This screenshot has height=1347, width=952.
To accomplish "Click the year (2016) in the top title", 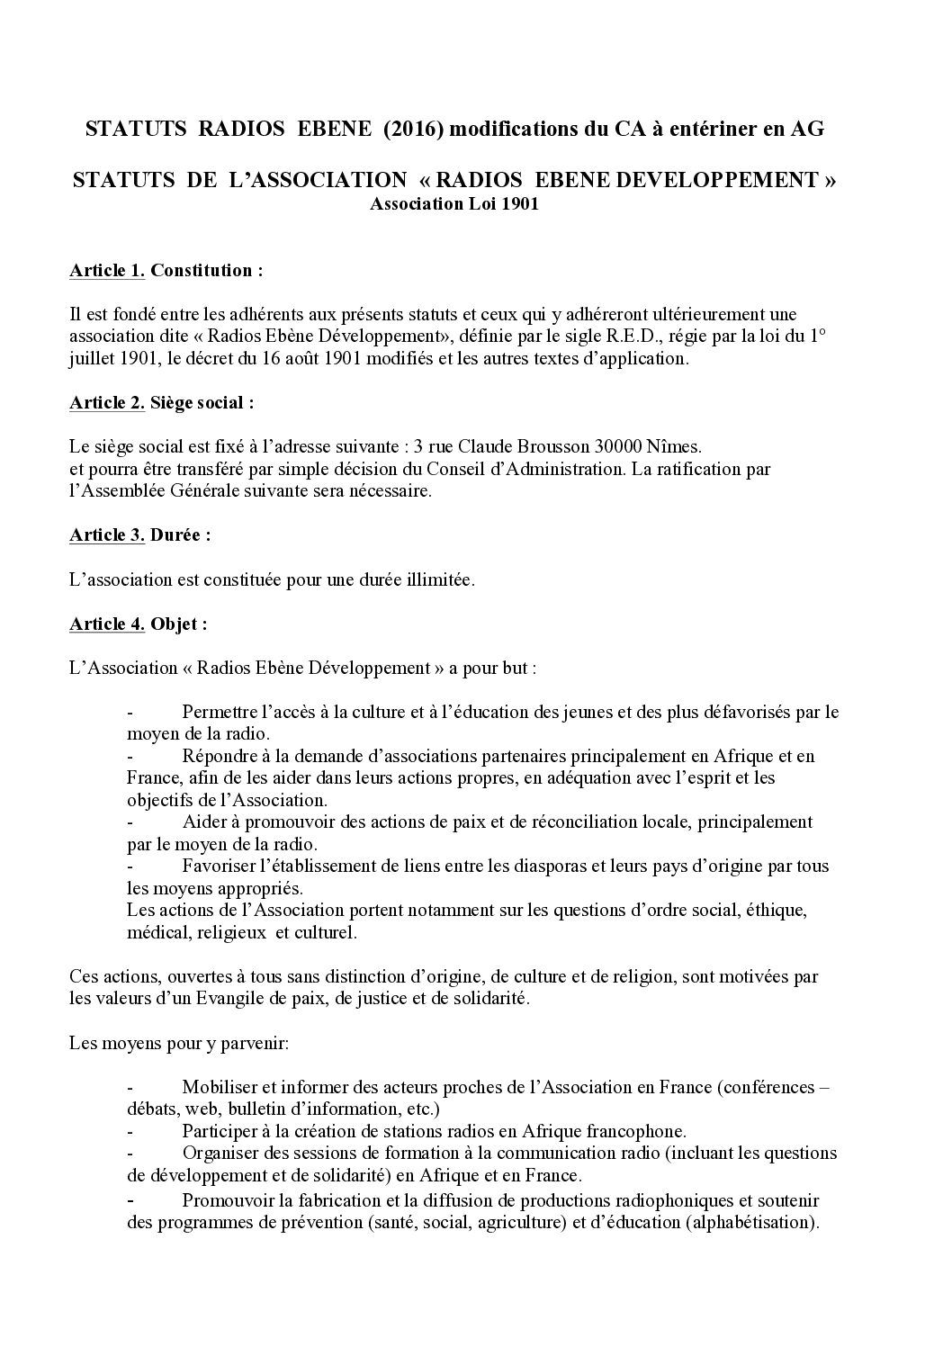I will point(412,130).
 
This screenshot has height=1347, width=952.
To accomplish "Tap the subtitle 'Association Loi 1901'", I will point(454,204).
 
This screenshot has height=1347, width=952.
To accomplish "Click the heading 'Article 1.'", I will point(106,270).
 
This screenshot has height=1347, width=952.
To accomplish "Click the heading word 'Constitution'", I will point(203,270).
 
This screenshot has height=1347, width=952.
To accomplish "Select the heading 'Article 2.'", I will point(106,402).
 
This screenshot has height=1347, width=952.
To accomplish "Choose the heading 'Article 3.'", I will point(106,534).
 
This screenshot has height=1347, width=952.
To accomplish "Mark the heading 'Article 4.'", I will point(106,624).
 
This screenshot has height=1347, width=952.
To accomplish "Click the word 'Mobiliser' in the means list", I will point(216,1087).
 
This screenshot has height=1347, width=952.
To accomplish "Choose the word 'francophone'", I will point(640,1131).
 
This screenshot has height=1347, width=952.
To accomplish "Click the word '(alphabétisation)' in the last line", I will point(750,1224).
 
